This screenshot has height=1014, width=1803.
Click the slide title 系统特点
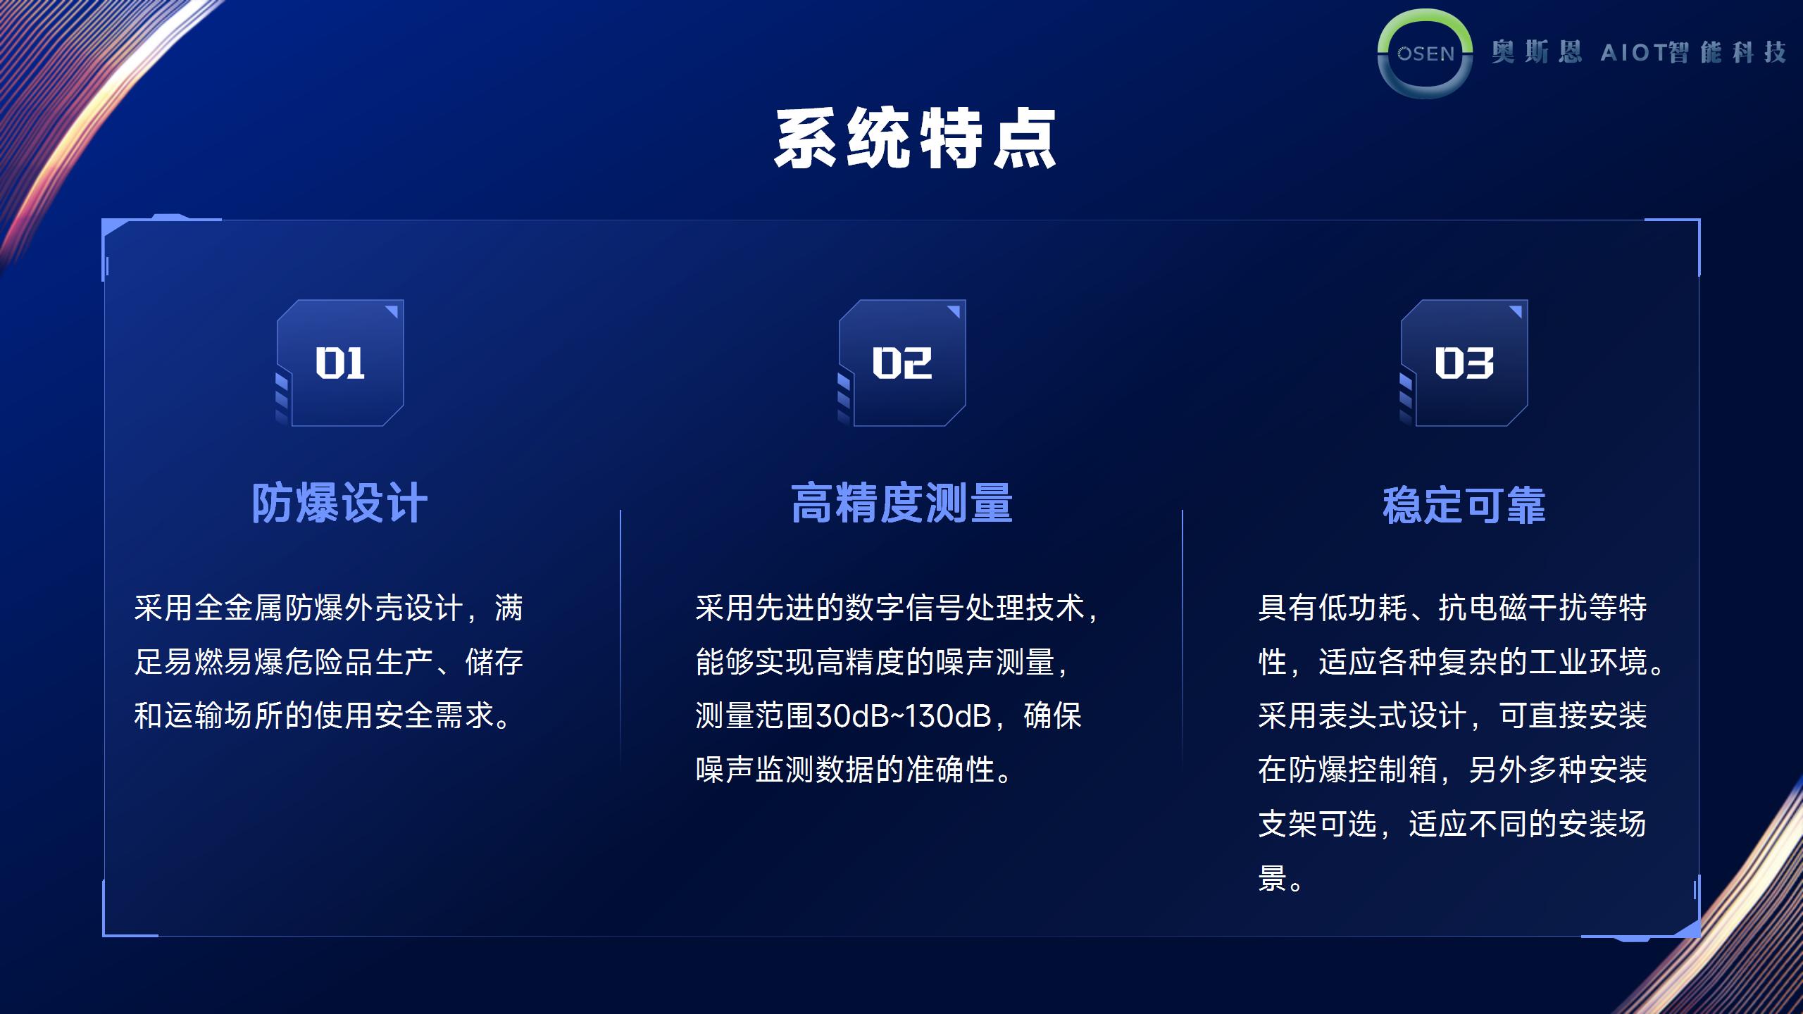coord(915,139)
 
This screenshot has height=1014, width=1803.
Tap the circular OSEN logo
coord(1425,54)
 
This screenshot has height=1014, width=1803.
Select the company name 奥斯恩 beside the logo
coord(1536,52)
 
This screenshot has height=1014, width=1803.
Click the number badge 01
coord(339,363)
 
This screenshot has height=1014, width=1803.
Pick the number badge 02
coord(901,363)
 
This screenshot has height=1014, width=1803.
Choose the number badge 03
coord(1464,363)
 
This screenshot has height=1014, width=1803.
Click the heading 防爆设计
coord(339,503)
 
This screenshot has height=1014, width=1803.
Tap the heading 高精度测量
coord(901,503)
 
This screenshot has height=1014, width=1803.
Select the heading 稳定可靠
coord(1464,505)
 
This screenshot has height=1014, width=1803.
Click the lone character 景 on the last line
coord(1273,878)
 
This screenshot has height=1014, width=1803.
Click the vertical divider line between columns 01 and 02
coord(620,641)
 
